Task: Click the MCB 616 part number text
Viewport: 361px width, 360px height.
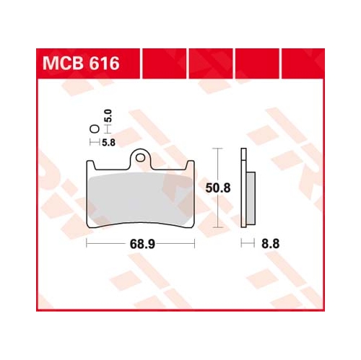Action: click(81, 63)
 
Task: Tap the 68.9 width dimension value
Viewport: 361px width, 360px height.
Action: click(142, 245)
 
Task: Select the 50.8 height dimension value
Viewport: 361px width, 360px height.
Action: click(218, 188)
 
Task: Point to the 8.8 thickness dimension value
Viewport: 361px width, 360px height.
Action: click(271, 244)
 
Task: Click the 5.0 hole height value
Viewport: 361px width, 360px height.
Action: click(109, 115)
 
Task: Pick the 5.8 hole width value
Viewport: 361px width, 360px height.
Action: click(108, 143)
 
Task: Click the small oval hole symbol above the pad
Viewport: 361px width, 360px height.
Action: click(95, 129)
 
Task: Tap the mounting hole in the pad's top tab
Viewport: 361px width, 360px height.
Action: click(140, 158)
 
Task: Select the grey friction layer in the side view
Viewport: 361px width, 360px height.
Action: click(251, 198)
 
